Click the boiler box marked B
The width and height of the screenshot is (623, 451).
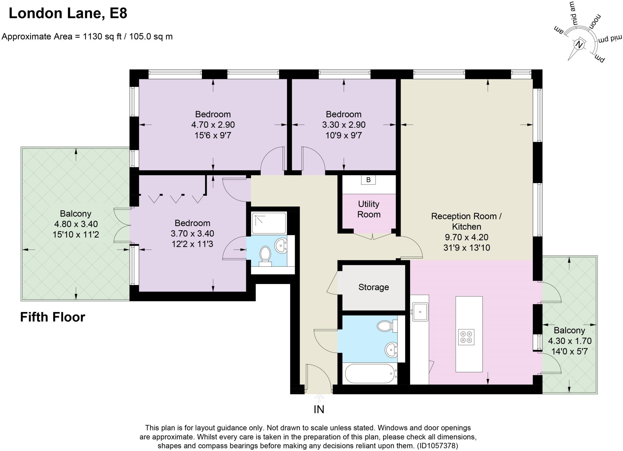[x=368, y=180]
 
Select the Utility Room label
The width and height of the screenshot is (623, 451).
[x=369, y=209]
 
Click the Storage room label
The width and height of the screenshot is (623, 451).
[x=374, y=287]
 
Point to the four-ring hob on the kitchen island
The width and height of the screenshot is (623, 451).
[x=466, y=337]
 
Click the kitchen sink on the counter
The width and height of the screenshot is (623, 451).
[x=420, y=312]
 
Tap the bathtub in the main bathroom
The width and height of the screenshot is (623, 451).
[x=370, y=373]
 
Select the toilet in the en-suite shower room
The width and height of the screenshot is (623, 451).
[x=266, y=256]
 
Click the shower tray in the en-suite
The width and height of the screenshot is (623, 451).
[x=269, y=223]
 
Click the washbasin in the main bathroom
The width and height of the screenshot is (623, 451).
[x=391, y=350]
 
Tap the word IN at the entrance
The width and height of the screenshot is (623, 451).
[x=319, y=409]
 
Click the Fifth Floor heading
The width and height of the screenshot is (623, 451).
[x=53, y=317]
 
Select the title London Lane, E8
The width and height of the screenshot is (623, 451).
[x=68, y=13]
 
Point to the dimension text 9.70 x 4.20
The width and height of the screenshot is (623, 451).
[x=467, y=237]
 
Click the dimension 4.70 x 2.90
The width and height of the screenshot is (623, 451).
[x=213, y=125]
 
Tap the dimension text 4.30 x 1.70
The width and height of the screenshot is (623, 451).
[x=570, y=341]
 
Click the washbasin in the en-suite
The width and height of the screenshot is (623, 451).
[x=280, y=245]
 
